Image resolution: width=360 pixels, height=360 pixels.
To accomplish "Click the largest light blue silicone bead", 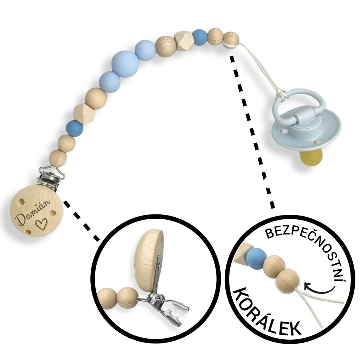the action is (x=125, y=63).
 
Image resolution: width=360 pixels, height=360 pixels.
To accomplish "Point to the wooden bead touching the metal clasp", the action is (x=58, y=158).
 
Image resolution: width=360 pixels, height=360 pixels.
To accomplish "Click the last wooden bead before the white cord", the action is (x=231, y=38).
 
